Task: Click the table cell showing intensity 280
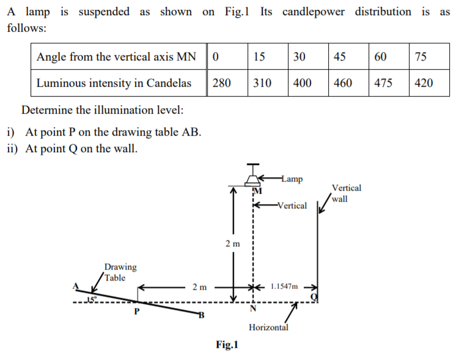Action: point(222,83)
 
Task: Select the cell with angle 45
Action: point(340,57)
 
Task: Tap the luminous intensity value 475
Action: point(383,83)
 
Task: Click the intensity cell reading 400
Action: point(303,83)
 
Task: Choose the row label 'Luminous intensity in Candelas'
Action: point(114,83)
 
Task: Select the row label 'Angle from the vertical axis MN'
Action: point(116,57)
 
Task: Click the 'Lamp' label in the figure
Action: point(292,179)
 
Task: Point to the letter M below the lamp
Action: point(257,192)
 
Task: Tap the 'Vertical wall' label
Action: point(346,193)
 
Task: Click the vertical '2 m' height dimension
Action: point(232,244)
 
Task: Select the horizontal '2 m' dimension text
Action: point(199,287)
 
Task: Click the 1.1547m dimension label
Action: point(285,286)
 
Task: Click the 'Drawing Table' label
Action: point(120,272)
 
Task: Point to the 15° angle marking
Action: point(92,299)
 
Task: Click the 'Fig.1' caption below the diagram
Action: point(227,345)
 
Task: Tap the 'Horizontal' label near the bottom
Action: point(268,328)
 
